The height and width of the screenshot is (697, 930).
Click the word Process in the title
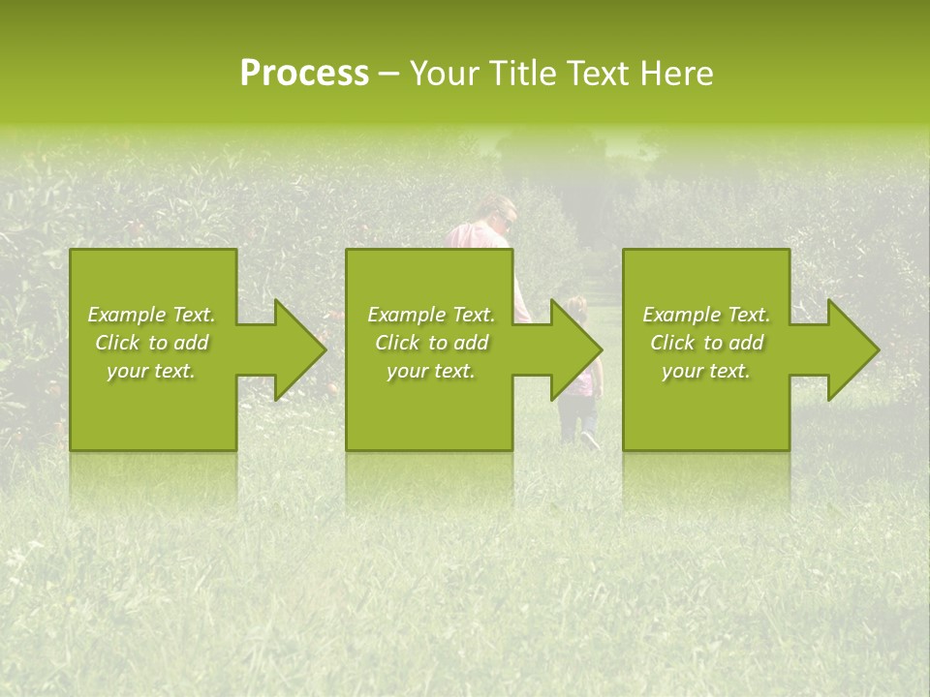click(x=304, y=74)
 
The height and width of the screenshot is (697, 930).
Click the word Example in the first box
click(x=126, y=315)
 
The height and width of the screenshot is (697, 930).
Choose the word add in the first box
click(x=191, y=343)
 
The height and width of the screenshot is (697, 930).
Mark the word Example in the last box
click(x=681, y=315)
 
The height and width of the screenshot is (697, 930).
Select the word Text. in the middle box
click(x=471, y=315)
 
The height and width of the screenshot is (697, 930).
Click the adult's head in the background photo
click(x=499, y=211)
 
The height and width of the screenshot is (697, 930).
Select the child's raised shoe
click(x=589, y=440)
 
